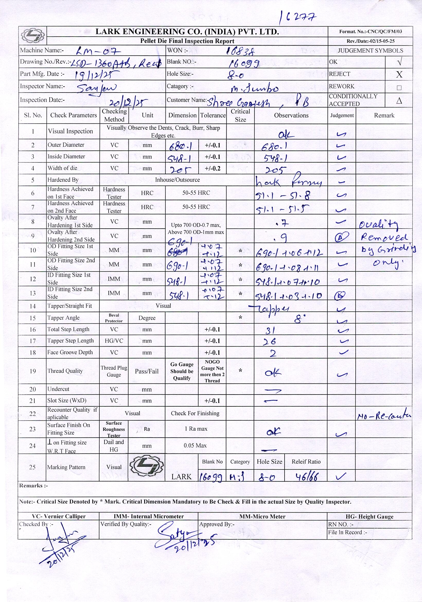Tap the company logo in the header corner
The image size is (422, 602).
(x=32, y=35)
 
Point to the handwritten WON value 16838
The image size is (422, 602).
(x=240, y=51)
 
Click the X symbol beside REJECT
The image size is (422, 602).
(x=399, y=74)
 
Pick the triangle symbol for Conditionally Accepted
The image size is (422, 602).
(x=399, y=101)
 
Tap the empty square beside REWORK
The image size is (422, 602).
(x=399, y=88)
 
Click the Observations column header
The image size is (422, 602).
(x=291, y=115)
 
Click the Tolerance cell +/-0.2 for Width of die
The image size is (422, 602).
(x=212, y=168)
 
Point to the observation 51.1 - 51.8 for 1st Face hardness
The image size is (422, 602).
(x=283, y=195)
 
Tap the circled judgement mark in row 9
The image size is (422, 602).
(x=342, y=237)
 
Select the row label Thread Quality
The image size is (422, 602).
(x=65, y=371)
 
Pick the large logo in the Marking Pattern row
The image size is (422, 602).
(x=147, y=467)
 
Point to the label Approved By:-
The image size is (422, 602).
(x=217, y=524)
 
